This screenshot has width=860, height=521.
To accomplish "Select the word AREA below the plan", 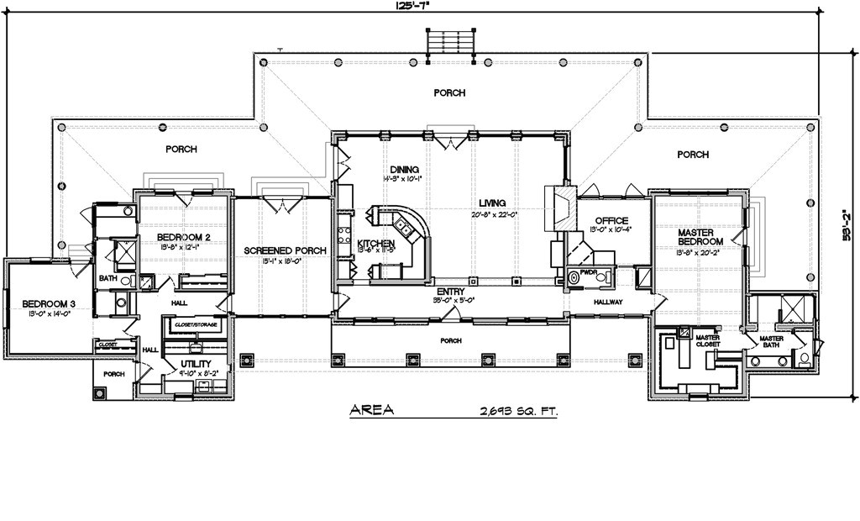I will (370, 411).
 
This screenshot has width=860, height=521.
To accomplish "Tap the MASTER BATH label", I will (771, 343).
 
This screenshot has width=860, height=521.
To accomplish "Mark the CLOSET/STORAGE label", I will (196, 324).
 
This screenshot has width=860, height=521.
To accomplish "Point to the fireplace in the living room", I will (560, 208).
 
